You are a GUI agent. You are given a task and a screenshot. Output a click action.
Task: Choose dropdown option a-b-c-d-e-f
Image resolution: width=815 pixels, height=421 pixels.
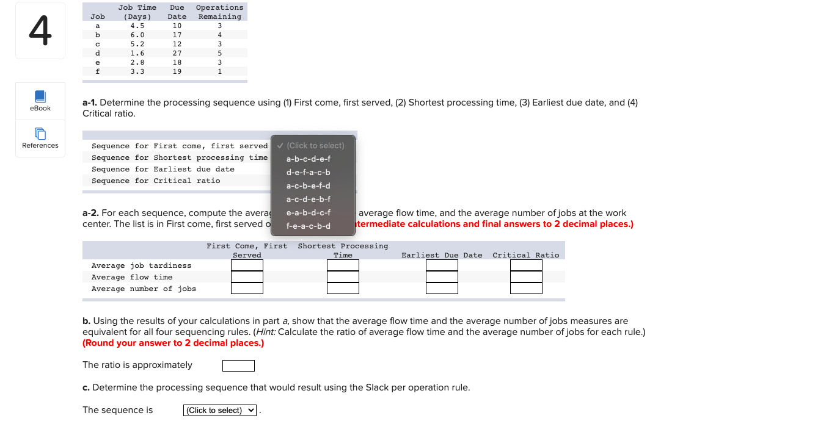point(308,159)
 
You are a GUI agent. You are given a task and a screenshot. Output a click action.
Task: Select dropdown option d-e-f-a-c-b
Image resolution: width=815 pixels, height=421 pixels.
point(308,172)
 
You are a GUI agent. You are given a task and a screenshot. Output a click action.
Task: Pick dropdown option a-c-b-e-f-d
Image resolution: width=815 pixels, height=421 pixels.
point(308,185)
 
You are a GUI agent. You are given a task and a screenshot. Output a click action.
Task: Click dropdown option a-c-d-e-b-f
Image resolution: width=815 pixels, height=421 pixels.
point(308,199)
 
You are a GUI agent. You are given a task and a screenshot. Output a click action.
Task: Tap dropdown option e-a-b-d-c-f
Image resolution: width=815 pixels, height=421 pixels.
point(308,212)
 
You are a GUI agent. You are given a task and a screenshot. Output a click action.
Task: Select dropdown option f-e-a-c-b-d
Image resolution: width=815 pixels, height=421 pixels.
point(308,226)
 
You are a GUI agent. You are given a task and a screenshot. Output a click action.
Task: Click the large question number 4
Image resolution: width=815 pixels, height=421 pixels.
point(40,31)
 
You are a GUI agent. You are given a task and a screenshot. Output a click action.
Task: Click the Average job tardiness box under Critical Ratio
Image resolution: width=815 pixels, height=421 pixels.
point(526,265)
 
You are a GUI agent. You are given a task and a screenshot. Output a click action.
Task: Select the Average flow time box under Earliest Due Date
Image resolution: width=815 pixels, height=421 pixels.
point(442,277)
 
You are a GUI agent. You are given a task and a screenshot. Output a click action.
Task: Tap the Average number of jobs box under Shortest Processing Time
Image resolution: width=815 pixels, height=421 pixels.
point(343,289)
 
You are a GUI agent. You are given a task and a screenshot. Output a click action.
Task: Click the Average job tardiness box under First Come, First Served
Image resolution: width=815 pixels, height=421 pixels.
point(247,265)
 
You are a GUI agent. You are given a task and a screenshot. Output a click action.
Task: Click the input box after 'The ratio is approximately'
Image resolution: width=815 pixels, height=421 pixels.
point(238,365)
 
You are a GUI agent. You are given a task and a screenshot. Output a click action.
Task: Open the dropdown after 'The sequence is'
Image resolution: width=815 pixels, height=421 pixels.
point(220,410)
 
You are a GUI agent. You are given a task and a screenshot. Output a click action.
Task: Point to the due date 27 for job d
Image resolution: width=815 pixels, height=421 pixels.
point(177,53)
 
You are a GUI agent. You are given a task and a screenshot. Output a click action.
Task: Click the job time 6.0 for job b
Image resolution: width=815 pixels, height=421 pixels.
point(137,35)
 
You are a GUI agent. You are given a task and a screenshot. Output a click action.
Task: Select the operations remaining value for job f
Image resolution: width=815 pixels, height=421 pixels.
point(220,71)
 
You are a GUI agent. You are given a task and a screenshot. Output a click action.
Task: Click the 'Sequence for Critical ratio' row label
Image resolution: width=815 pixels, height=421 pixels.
point(156,181)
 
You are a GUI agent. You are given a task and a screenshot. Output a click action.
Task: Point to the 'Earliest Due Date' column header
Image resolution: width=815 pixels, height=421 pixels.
point(442,255)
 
